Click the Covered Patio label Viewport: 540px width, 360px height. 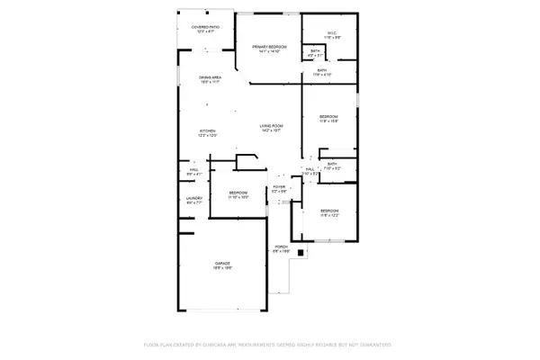(x=205, y=27)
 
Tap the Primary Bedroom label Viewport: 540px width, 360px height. (x=269, y=46)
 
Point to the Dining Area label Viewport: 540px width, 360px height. (x=211, y=77)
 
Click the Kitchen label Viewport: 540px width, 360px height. (x=208, y=130)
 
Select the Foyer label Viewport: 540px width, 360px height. (x=279, y=187)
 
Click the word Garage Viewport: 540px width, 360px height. (x=222, y=263)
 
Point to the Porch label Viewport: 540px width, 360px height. (x=280, y=247)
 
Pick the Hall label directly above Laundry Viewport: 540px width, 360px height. (x=193, y=169)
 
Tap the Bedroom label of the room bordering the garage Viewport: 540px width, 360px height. (x=238, y=193)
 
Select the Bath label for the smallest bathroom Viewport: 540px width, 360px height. (x=314, y=50)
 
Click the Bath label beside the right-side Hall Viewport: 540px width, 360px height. (x=332, y=164)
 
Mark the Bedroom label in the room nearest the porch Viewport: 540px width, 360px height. (x=328, y=211)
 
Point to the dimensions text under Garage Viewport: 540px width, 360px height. (x=222, y=268)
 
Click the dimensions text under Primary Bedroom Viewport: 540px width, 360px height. (x=269, y=51)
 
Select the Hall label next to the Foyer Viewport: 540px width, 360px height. (x=309, y=168)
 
